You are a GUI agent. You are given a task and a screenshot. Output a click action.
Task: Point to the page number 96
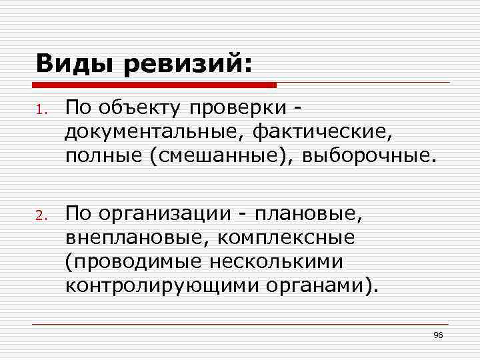pyautogui.click(x=438, y=334)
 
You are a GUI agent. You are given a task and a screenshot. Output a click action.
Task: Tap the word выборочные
pyautogui.click(x=369, y=157)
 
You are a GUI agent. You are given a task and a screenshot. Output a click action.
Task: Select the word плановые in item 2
pyautogui.click(x=316, y=215)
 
